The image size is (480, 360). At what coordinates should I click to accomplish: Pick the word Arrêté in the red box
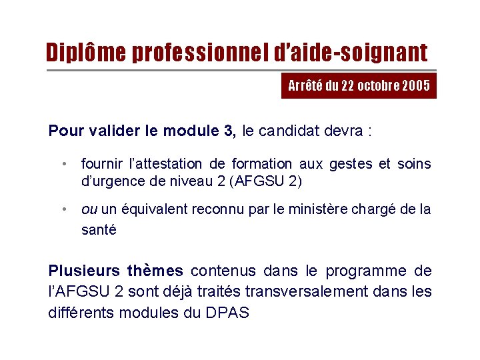tap(304, 86)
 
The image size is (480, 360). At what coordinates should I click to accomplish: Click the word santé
tap(99, 230)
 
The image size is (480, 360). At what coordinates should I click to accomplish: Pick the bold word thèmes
tap(155, 271)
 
